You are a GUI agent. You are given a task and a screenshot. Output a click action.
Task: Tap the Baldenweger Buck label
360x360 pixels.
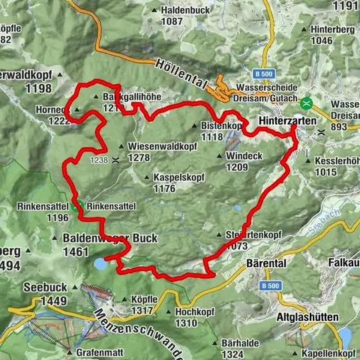click(105, 238)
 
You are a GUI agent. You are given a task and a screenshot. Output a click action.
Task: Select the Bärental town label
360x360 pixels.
click(266, 265)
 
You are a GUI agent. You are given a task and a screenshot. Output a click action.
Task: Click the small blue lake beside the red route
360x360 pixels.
click(100, 262)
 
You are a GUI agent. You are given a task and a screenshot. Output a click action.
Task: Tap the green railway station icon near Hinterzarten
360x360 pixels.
click(307, 101)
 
